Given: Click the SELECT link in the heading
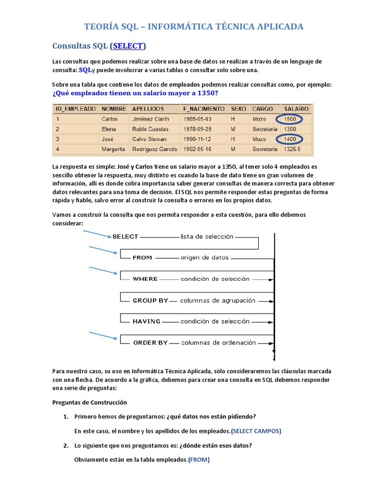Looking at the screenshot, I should [x=128, y=46].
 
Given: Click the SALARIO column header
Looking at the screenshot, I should [x=295, y=109].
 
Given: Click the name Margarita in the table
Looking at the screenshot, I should [x=113, y=149].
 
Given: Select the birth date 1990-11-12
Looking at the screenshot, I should [x=197, y=139].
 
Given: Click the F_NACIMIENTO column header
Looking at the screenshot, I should [x=203, y=109].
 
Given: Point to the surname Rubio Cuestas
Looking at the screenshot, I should [x=150, y=129].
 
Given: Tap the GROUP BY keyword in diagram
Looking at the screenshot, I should [x=150, y=301].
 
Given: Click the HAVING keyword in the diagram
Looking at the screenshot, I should [x=146, y=321].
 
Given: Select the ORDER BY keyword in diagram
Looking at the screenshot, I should [x=150, y=343].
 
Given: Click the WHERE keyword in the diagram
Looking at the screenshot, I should [x=145, y=279].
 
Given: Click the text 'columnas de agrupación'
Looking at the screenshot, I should [x=218, y=301].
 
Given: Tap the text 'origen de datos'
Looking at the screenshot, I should [x=204, y=257].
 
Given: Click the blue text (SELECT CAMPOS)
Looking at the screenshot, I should [x=256, y=431].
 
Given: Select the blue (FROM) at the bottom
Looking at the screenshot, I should [x=199, y=460].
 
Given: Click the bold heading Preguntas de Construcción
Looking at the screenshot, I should [x=90, y=402].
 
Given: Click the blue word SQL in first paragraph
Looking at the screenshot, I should [x=84, y=70].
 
